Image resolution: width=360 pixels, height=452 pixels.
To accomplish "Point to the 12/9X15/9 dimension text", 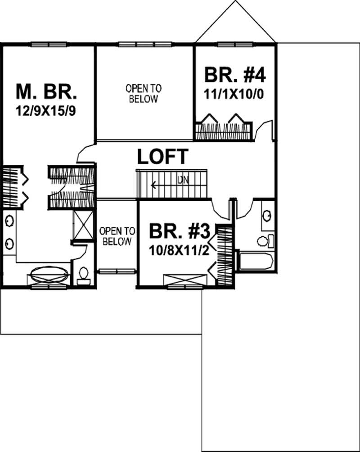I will tap(47, 110).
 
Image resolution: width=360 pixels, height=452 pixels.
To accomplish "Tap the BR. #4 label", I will tap(234, 75).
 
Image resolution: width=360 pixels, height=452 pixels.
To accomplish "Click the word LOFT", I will tap(162, 157).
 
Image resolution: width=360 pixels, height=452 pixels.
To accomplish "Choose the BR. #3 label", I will tap(180, 231).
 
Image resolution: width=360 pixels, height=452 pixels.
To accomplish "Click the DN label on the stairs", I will tap(182, 181).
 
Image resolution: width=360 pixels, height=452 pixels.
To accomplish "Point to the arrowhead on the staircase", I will tap(153, 184).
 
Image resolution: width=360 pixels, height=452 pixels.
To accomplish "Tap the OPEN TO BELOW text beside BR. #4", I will tap(144, 94).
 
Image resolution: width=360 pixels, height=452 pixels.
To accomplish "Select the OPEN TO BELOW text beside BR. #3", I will tap(117, 236).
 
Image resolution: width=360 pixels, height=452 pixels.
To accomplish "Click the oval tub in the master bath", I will tap(50, 273).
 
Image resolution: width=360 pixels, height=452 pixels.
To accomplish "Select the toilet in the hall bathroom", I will tap(266, 240).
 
